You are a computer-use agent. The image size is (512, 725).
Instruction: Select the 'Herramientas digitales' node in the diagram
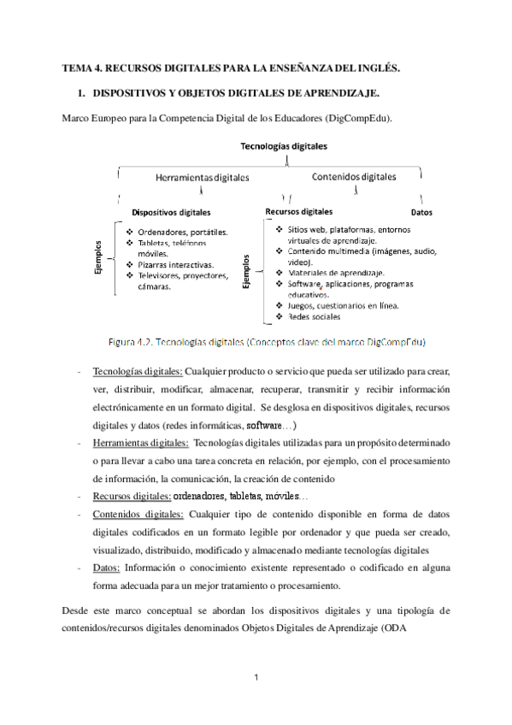[202, 178]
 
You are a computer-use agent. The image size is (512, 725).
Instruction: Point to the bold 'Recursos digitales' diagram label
[299, 210]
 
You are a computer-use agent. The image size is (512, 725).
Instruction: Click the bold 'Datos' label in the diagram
[421, 211]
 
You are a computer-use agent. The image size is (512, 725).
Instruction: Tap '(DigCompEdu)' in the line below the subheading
[363, 117]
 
